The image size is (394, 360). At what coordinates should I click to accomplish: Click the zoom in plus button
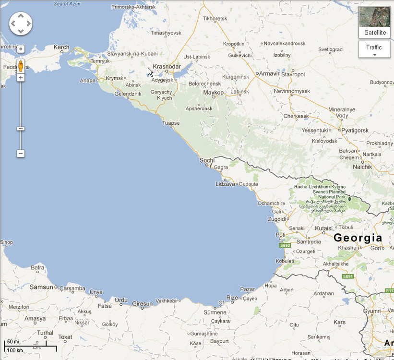coord(21,77)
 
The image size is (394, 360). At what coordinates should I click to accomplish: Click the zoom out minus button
coord(21,154)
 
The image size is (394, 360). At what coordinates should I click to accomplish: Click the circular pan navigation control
coord(21,23)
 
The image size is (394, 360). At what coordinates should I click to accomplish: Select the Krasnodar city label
coord(167,66)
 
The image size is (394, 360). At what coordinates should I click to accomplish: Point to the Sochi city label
coord(207,160)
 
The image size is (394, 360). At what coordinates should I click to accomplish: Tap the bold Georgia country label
coord(358,238)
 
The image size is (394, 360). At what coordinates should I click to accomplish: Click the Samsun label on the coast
coord(41,287)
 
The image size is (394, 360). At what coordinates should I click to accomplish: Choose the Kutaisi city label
coord(324,228)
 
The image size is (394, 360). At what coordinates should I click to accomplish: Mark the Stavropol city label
coord(293,74)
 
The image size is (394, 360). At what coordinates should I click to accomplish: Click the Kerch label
coord(61,47)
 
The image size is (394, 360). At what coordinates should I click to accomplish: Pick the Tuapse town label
coord(171,123)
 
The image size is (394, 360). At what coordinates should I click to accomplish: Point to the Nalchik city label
coord(362,167)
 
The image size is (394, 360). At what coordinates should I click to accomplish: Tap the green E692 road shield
coord(285,245)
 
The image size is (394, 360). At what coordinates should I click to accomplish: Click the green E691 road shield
coord(348,277)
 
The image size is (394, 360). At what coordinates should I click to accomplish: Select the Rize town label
coord(232,298)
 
